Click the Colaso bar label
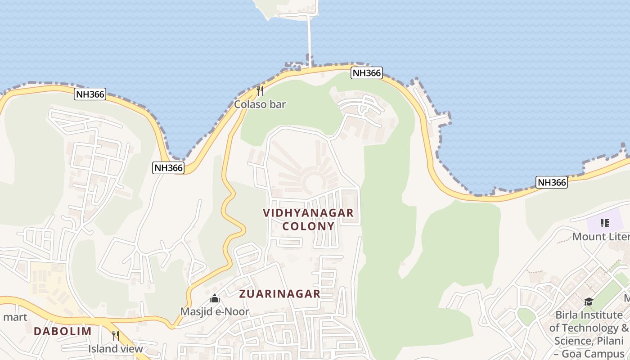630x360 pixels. (x=260, y=104)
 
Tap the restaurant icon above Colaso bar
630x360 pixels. (x=260, y=91)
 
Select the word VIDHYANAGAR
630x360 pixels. (x=308, y=213)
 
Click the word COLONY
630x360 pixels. (x=308, y=226)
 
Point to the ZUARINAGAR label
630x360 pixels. (x=279, y=294)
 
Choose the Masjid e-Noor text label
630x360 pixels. (x=215, y=311)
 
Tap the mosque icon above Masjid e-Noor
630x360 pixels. (x=215, y=298)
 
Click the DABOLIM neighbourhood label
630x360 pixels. (x=63, y=331)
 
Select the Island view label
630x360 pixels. (x=115, y=349)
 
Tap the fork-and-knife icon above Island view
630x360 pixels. (x=115, y=336)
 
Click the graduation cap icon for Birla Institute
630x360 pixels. (x=589, y=302)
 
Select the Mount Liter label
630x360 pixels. (x=600, y=237)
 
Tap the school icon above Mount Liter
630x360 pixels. (x=604, y=223)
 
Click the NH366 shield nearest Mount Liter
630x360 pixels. (x=551, y=182)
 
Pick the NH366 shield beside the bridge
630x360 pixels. (x=367, y=73)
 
